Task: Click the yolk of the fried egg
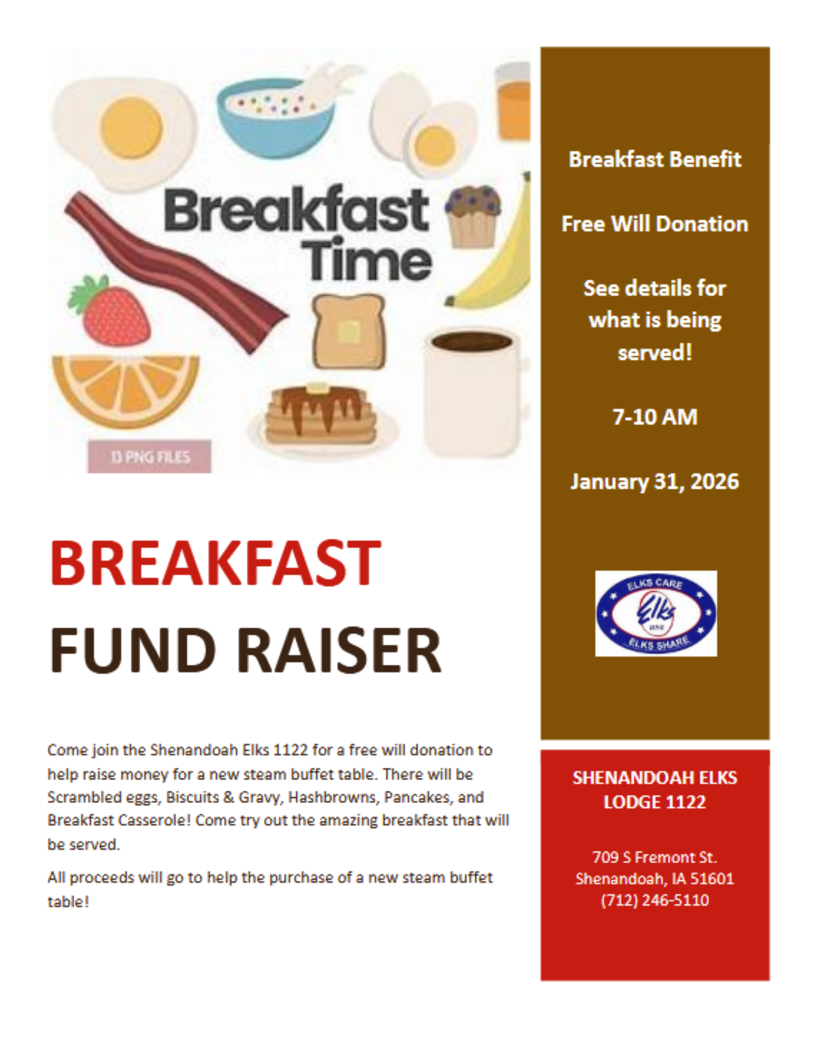pyautogui.click(x=131, y=127)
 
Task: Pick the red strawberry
pyautogui.click(x=114, y=313)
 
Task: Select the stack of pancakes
pyautogui.click(x=321, y=416)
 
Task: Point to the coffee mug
pyautogui.click(x=473, y=392)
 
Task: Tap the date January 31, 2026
pyautogui.click(x=655, y=482)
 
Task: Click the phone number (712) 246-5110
pyautogui.click(x=655, y=900)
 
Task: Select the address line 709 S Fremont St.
pyautogui.click(x=655, y=857)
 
